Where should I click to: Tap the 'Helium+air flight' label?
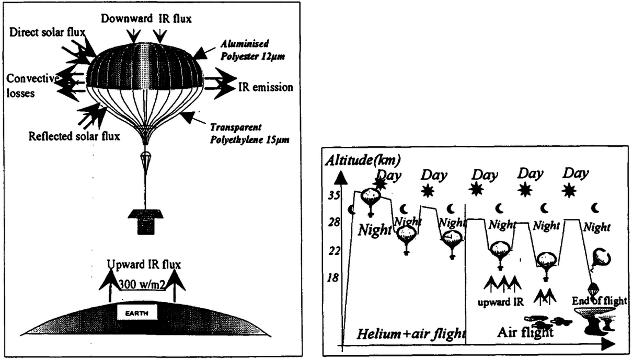(412, 334)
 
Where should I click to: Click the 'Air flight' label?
(524, 333)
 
